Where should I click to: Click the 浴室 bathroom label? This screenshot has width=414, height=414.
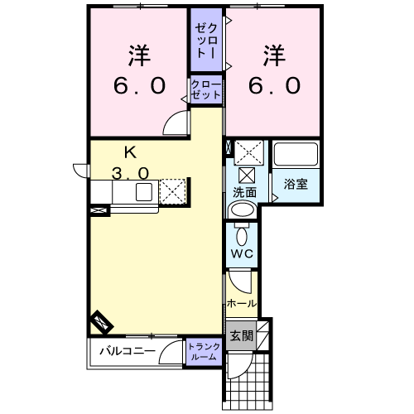coord(296,184)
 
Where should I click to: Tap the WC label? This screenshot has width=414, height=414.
coord(242,253)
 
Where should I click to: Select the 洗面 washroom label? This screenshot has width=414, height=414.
coord(244,192)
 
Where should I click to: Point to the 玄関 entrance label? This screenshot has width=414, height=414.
coord(242,336)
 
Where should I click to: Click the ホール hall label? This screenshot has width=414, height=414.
coord(242,304)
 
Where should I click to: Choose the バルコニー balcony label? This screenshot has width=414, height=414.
coord(128,351)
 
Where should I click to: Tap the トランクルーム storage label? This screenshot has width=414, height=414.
coord(205,351)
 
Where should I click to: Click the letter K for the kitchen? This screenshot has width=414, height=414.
coord(130,152)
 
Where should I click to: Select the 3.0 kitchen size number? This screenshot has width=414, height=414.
coord(130,174)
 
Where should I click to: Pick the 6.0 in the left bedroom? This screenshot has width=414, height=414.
coord(139,85)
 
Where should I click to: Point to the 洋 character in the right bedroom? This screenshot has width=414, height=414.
coord(274,55)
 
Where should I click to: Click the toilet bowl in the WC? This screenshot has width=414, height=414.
coord(242,235)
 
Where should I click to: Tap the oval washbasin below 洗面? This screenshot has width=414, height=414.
coord(243,210)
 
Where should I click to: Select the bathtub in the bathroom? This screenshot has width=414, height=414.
coord(296,154)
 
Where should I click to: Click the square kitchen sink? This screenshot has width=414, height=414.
coord(144,192)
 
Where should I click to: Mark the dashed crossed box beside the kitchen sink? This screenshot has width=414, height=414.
coord(172,192)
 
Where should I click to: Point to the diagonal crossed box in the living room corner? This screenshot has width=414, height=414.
coord(102,322)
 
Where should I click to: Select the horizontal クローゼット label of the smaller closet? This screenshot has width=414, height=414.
coord(206,89)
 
